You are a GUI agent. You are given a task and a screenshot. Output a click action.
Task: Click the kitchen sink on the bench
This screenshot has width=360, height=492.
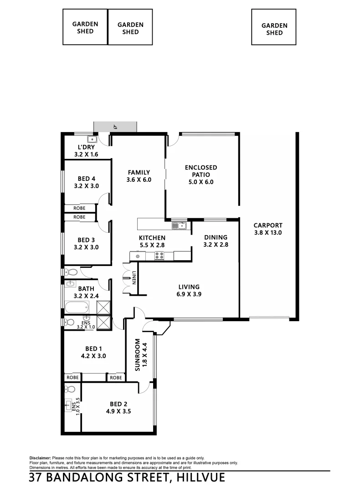pyautogui.click(x=178, y=225)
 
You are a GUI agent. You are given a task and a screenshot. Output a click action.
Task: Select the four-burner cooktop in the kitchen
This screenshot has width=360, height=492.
pyautogui.click(x=159, y=256)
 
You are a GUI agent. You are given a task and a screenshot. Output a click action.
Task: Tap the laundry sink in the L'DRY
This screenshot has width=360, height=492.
pyautogui.click(x=92, y=139)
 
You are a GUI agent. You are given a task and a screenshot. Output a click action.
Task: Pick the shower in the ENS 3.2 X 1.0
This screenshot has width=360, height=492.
pyautogui.click(x=104, y=322)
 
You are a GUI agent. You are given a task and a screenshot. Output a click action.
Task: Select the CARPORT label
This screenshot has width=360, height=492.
pyautogui.click(x=268, y=225)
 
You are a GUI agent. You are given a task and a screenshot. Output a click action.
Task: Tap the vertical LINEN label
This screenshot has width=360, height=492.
pyautogui.click(x=134, y=278)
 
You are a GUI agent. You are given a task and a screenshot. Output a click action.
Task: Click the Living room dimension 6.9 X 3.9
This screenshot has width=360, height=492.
pyautogui.click(x=189, y=294)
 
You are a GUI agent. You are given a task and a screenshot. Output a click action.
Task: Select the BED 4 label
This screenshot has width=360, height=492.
pyautogui.click(x=86, y=179)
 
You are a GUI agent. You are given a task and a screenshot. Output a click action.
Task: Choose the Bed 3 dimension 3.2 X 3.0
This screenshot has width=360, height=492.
pyautogui.click(x=86, y=247)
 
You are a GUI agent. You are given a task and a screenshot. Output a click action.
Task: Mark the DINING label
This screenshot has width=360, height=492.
pyautogui.click(x=215, y=237)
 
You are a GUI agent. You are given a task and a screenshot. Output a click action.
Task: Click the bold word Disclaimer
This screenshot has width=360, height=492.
pyautogui.click(x=40, y=457)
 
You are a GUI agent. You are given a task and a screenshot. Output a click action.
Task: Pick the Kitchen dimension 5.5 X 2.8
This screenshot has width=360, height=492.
pyautogui.click(x=152, y=245)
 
